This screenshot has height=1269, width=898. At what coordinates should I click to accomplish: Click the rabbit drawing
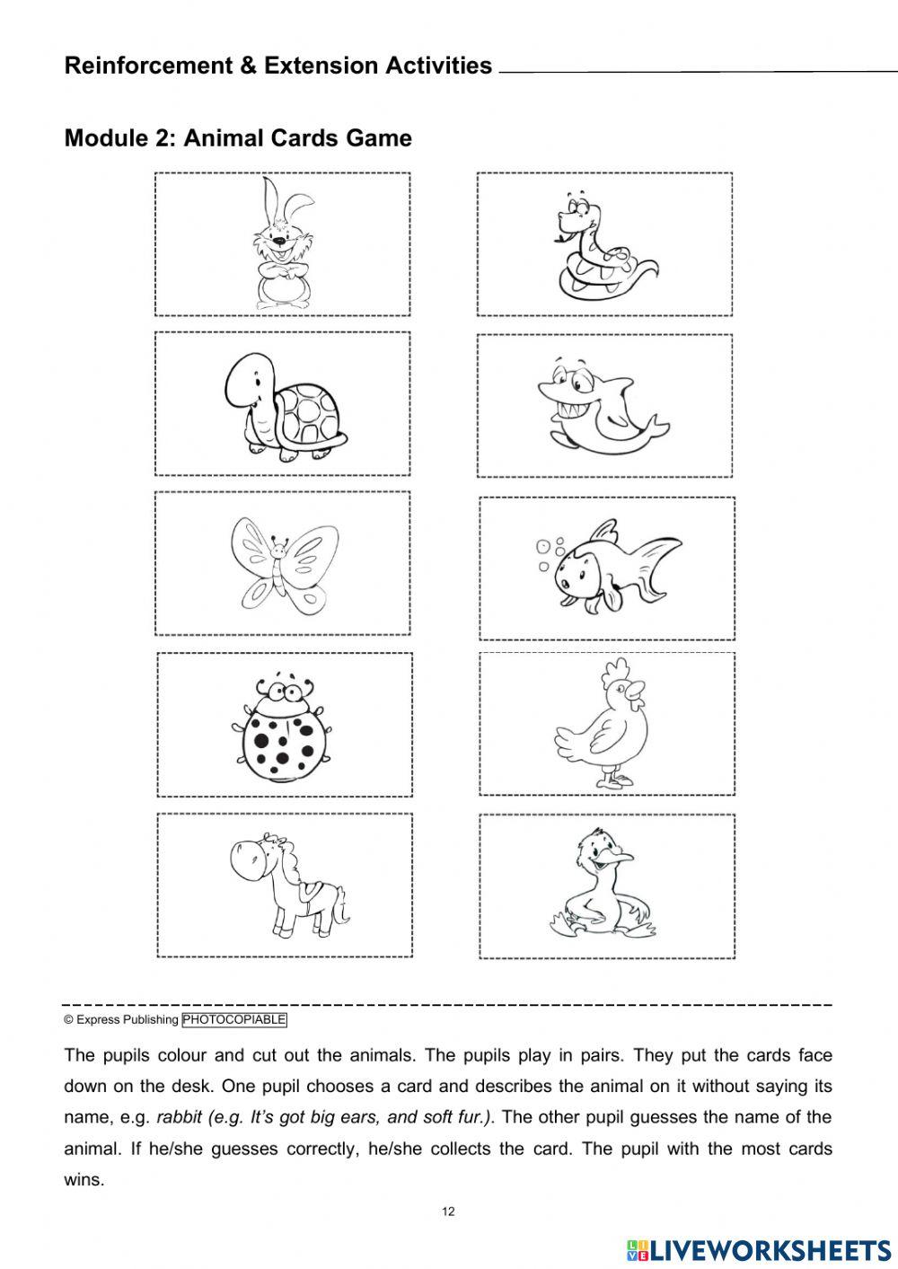282,244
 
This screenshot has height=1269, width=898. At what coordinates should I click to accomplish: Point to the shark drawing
600,405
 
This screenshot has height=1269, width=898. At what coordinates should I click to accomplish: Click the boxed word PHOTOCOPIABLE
234,1019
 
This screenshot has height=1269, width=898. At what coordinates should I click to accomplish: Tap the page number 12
449,1212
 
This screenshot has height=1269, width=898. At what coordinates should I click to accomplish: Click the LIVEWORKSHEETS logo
759,1249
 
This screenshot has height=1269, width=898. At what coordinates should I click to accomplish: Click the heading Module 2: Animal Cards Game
238,138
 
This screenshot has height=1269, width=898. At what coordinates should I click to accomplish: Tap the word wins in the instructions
84,1180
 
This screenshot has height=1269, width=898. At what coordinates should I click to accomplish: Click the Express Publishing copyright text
121,1019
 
